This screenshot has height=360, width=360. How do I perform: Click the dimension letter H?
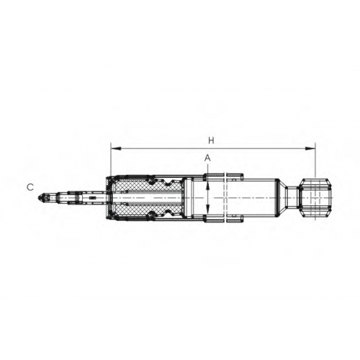(x=211, y=140)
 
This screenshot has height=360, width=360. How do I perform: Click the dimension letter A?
(x=207, y=158)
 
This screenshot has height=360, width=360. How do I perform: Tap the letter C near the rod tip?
(x=30, y=187)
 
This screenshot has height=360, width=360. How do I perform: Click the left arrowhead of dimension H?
(x=115, y=149)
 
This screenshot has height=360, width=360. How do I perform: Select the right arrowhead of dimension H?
(x=310, y=149)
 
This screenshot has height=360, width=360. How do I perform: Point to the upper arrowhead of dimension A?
(x=207, y=186)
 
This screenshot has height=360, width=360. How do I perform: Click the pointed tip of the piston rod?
(x=38, y=198)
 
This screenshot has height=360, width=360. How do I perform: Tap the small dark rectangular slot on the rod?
(x=92, y=198)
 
